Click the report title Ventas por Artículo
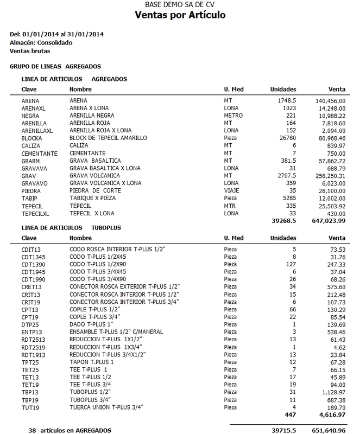point(180,15)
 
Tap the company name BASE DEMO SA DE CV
point(180,4)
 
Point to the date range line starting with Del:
point(57,34)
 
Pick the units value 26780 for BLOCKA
point(284,138)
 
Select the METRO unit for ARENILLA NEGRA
point(233,116)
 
